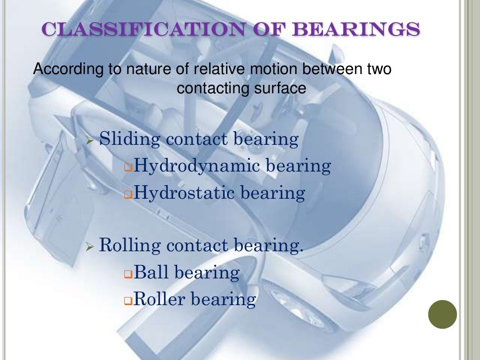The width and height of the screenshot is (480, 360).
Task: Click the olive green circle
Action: (x=442, y=314)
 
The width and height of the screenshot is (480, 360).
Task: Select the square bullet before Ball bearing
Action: (x=128, y=274)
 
